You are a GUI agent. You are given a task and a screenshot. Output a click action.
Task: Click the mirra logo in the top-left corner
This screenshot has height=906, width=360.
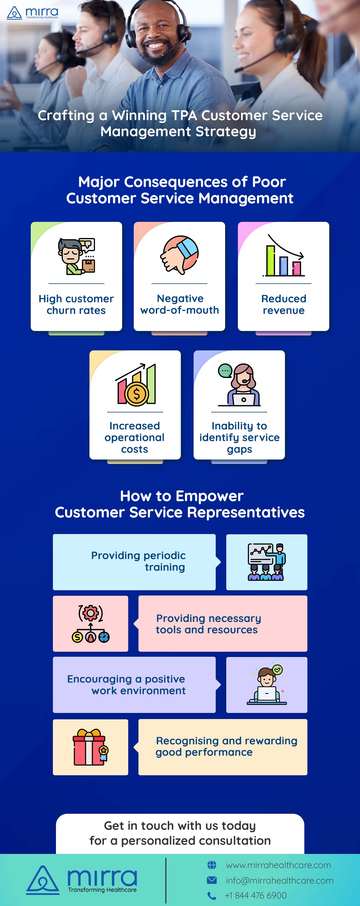(x=32, y=13)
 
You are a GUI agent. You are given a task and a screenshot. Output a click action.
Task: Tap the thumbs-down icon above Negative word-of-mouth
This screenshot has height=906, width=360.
(x=179, y=255)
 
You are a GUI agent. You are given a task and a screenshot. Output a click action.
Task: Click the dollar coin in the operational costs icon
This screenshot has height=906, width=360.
(x=137, y=394)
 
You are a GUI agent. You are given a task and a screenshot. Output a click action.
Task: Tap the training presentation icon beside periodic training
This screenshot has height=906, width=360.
(x=266, y=562)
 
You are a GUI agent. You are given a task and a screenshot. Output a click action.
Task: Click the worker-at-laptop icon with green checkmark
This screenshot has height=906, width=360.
(x=266, y=685)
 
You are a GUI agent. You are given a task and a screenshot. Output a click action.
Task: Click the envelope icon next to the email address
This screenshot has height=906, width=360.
(x=212, y=880)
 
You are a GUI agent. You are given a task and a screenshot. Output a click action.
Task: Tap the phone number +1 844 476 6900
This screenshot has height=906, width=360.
(x=256, y=895)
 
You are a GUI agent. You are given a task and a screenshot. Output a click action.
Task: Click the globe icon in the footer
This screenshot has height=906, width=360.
(x=212, y=865)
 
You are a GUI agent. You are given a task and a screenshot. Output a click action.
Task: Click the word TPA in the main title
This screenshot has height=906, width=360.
(x=184, y=115)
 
